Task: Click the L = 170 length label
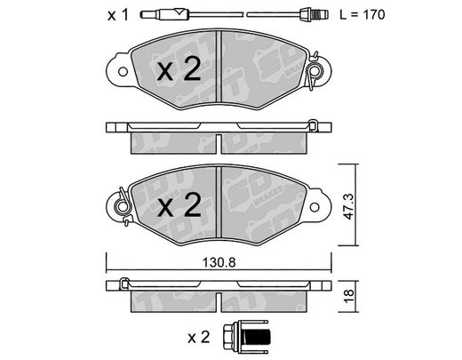[362, 14]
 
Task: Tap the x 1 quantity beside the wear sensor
[118, 15]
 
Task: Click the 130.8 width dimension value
[219, 262]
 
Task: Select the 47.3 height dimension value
[349, 206]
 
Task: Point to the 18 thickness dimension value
[349, 295]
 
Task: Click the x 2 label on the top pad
[179, 70]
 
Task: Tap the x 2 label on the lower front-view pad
[179, 205]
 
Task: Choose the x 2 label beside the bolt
[198, 338]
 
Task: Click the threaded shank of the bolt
[255, 337]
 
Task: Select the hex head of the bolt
[227, 337]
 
